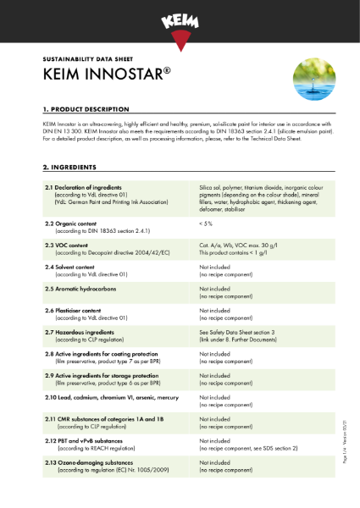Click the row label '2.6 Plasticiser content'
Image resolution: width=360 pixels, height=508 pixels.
77,310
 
